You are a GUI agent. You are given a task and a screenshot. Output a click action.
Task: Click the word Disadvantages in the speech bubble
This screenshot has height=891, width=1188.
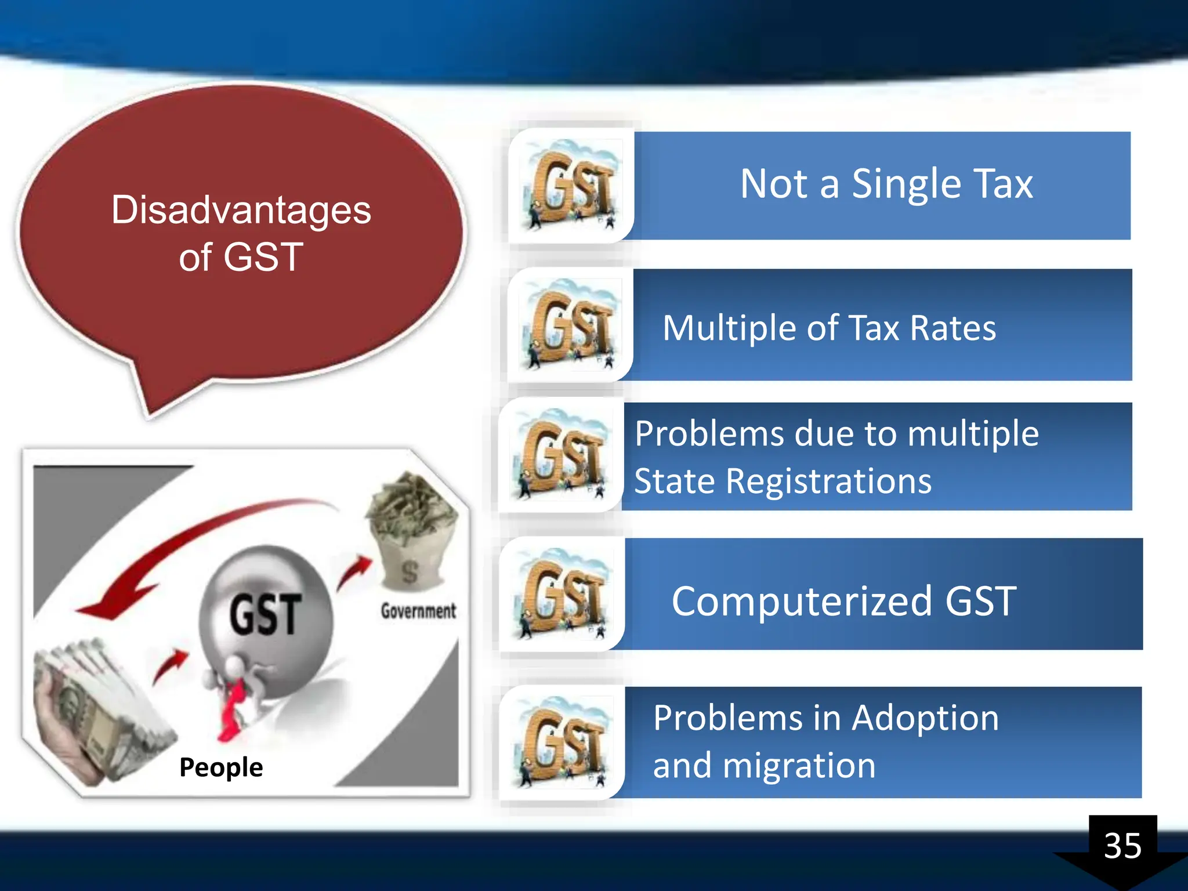(x=241, y=210)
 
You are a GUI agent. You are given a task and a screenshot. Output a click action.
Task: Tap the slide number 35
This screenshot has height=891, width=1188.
(x=1122, y=846)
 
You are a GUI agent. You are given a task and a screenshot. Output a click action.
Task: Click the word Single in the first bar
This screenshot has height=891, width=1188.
(x=906, y=184)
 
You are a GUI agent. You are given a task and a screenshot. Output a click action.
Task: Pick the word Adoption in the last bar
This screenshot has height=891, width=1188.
(x=925, y=718)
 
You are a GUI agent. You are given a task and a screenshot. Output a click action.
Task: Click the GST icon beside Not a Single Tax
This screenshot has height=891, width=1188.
(x=571, y=185)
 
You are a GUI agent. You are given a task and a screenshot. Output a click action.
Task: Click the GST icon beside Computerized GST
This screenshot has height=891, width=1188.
(x=562, y=594)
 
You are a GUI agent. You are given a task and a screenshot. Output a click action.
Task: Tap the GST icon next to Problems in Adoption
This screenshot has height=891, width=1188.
(x=562, y=742)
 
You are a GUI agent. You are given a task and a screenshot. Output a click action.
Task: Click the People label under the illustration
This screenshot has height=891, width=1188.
(x=221, y=767)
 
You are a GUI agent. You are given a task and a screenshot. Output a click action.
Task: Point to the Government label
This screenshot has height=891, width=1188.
(x=418, y=611)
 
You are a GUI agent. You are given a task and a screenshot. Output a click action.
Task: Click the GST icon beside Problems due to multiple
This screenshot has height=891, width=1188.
(x=560, y=455)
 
